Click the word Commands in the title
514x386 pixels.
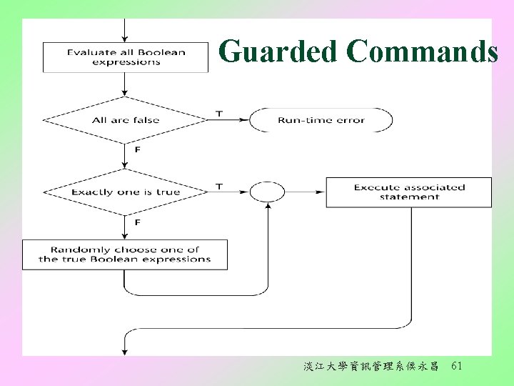pos(422,52)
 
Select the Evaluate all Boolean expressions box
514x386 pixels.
pos(126,57)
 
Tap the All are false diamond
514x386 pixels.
pos(126,120)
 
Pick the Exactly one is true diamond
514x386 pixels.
pos(126,192)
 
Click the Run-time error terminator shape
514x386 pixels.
pos(321,120)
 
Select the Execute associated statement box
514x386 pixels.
pos(409,192)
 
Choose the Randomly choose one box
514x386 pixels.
pos(125,254)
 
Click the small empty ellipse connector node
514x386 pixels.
pos(268,192)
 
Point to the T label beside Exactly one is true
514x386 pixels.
pos(218,187)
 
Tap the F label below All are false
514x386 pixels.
pos(137,149)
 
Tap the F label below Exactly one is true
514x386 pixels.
pos(137,222)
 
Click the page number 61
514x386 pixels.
pos(457,366)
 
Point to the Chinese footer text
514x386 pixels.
pos(371,367)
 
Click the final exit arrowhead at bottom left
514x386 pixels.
pos(126,351)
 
